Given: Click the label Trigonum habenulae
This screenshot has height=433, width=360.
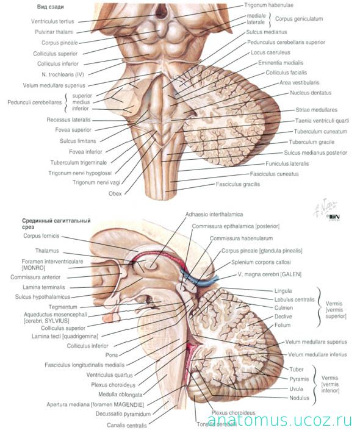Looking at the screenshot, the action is pos(268,5).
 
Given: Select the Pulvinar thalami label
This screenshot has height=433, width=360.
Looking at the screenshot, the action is pos(54,32).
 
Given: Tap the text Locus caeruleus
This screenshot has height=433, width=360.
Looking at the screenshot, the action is pos(270,52).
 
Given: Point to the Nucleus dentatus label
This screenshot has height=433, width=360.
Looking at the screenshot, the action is pos(311,93).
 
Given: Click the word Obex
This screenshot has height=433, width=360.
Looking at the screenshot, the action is pos(115,193).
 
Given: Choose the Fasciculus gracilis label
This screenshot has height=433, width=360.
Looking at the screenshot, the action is pos(238,184).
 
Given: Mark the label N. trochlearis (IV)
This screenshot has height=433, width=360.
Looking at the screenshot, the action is pos(63,74).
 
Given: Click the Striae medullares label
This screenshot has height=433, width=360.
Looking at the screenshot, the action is pos(316,110).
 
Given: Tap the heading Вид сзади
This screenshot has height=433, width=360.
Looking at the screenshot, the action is pos(50,7).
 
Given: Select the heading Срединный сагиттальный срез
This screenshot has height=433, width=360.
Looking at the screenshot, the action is pos(56,224).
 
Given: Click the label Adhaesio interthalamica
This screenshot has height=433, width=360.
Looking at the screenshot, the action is pos(214,214).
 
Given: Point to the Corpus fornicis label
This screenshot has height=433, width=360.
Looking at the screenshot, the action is pos(41,236).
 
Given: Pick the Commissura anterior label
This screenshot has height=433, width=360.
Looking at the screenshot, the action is pos(35,277).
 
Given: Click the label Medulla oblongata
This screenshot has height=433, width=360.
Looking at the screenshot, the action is pos(120,395).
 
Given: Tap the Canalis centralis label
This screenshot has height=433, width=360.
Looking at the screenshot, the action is pos(127,425).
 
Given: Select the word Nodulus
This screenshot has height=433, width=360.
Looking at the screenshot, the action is pos(299,398).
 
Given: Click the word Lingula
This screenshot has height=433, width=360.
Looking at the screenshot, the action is pos(283,291).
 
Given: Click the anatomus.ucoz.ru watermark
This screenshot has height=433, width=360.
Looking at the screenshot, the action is pos(279,420).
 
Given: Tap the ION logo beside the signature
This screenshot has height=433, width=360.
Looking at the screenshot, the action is pos(334,217).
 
